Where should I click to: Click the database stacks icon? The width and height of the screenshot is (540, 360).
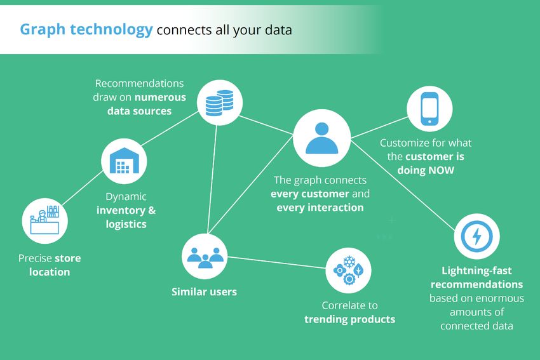click(x=219, y=103)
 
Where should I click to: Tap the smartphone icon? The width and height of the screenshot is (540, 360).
click(x=429, y=109)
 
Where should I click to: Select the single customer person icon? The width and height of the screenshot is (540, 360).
click(x=321, y=138)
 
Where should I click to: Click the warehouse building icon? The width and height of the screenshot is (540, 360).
click(x=124, y=161)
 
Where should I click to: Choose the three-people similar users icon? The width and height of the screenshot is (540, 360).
click(x=205, y=257)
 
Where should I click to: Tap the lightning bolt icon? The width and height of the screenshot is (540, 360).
click(x=476, y=236)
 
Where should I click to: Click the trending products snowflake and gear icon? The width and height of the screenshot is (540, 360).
click(x=348, y=270)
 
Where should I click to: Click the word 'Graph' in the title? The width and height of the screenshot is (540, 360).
click(x=43, y=30)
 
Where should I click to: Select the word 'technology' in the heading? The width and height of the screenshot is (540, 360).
click(x=111, y=30)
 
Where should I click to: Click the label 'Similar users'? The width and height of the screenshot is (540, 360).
click(x=204, y=292)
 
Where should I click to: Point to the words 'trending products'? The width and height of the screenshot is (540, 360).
click(x=349, y=319)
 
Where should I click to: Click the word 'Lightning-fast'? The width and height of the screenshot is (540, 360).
click(x=476, y=271)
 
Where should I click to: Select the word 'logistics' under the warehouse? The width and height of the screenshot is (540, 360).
click(x=126, y=224)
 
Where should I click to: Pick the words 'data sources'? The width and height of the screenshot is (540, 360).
click(x=139, y=111)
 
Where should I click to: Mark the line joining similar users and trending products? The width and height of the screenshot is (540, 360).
click(x=276, y=262)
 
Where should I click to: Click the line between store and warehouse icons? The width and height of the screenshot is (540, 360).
click(x=83, y=188)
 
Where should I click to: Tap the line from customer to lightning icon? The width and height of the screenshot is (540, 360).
click(x=403, y=185)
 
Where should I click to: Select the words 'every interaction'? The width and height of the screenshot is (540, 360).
click(x=320, y=208)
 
